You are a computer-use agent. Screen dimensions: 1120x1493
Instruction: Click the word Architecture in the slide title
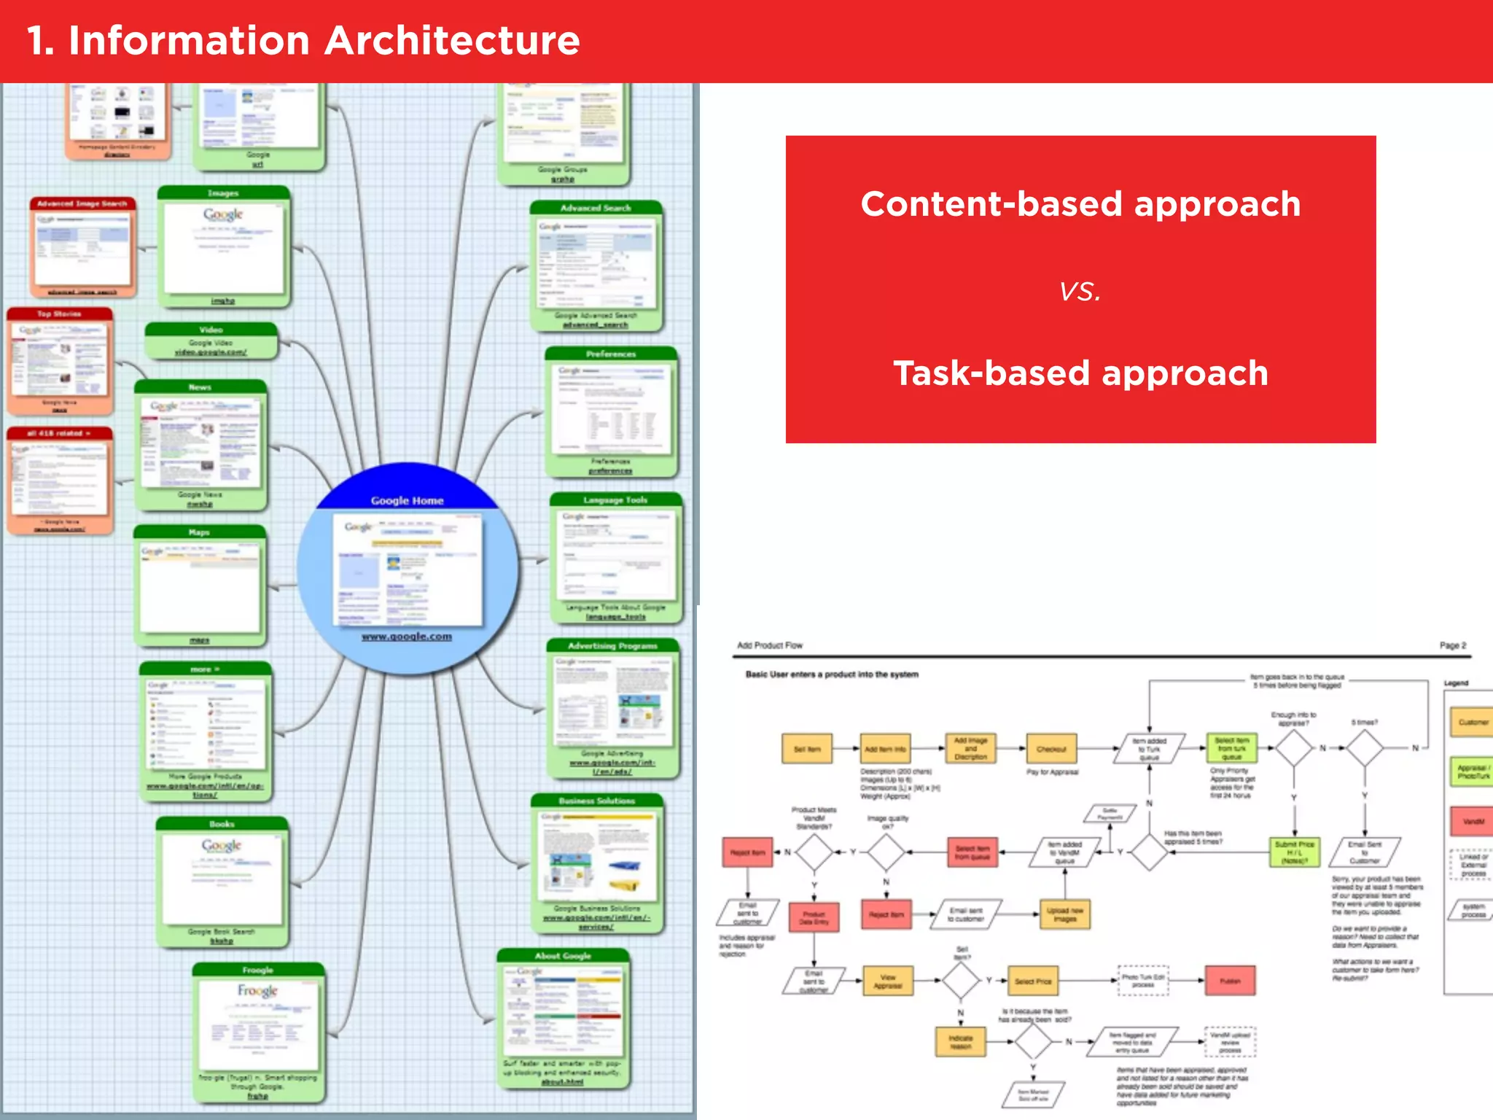452,41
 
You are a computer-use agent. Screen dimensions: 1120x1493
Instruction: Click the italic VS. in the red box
1080,292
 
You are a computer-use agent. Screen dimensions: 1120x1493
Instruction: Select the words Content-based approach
1080,203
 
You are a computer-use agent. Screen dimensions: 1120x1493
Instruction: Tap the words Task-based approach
1080,373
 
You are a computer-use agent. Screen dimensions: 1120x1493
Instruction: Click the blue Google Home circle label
407,500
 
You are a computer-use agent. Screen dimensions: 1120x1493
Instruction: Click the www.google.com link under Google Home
407,637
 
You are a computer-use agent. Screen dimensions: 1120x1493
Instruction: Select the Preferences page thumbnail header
611,354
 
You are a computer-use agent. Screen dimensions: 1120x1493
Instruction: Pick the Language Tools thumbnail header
615,499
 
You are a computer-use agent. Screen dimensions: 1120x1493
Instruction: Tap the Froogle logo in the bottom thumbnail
257,991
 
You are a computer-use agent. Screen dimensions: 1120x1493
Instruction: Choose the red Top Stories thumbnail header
59,314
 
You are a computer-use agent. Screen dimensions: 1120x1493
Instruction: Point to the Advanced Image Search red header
82,203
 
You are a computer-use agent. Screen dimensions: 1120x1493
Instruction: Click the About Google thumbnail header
563,955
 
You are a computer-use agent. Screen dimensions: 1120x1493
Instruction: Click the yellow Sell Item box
807,749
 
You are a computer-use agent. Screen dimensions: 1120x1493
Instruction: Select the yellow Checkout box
1051,749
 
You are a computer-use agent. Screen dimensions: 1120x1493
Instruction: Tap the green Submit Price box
1294,852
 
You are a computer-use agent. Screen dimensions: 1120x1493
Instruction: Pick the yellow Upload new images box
1065,914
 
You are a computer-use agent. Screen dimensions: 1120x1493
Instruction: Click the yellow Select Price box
1033,981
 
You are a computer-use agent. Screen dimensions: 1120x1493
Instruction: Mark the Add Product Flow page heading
769,645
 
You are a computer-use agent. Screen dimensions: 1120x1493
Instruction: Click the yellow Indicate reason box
960,1042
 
